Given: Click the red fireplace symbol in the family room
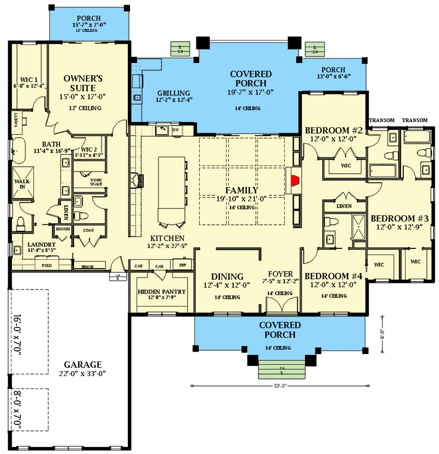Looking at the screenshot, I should pyautogui.click(x=295, y=180).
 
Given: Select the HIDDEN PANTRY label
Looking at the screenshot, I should pyautogui.click(x=161, y=291).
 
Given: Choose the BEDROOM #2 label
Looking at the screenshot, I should pyautogui.click(x=334, y=130).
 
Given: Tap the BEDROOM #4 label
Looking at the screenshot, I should pyautogui.click(x=334, y=276).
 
